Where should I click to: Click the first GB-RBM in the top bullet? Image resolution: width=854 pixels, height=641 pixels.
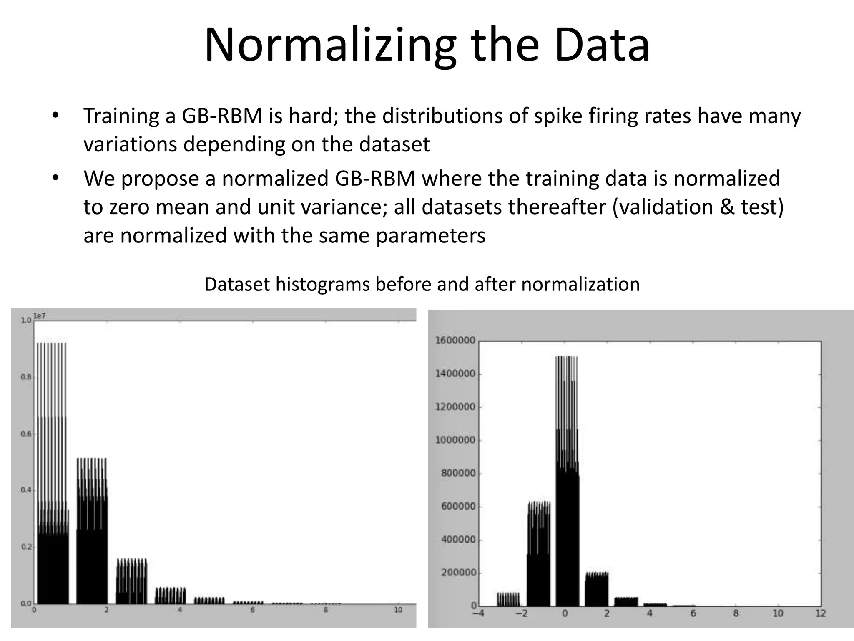point(222,116)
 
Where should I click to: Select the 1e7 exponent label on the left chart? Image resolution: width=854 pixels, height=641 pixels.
point(40,316)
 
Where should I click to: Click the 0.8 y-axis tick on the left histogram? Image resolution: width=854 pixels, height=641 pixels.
point(26,377)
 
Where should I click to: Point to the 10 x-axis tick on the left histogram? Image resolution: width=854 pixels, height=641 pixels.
point(398,610)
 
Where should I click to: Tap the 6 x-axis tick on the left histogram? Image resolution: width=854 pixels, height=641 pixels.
point(253,610)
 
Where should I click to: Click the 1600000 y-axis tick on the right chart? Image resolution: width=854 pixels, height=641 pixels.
point(455,341)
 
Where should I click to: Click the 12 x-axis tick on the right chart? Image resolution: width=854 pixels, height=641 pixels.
point(821,613)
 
